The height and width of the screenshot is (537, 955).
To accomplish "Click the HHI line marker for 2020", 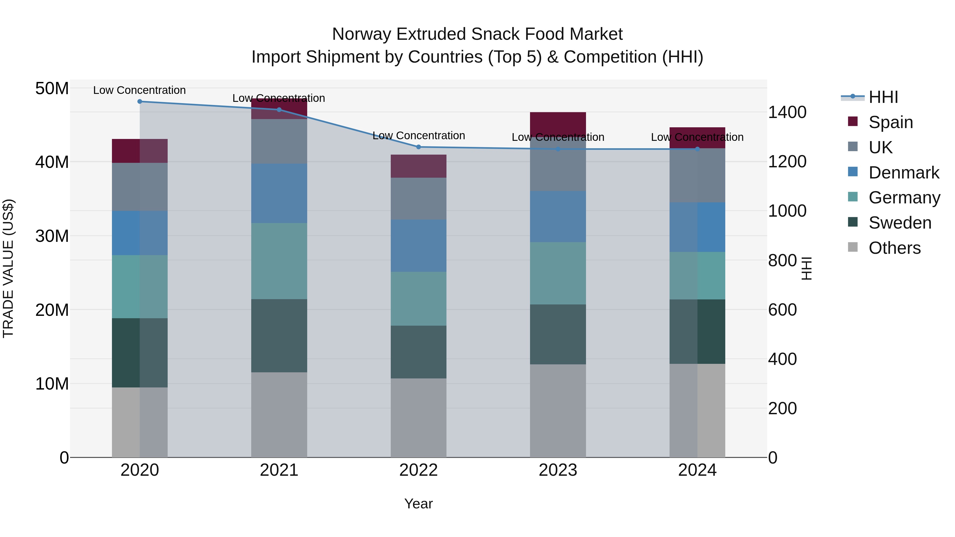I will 140,102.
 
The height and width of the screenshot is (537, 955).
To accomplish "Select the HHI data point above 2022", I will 419,147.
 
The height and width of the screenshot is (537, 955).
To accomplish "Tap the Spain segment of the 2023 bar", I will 558,122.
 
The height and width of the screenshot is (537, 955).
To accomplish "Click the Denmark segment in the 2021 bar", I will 279,194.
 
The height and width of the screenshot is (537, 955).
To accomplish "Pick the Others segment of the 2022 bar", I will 419,418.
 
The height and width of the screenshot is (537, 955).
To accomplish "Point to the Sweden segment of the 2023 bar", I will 558,334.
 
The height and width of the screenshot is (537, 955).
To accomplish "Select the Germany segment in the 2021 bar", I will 279,261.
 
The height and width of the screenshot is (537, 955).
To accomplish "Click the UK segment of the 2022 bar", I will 419,199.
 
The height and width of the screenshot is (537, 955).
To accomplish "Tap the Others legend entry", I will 894,248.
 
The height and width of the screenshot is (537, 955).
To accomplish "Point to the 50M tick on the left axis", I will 52,89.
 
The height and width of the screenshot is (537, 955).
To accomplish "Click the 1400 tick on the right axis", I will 787,112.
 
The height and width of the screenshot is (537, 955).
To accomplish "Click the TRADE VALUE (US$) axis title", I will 8,268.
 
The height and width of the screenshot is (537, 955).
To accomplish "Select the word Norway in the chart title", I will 362,34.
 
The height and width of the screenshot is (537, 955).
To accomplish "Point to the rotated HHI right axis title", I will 807,268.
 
